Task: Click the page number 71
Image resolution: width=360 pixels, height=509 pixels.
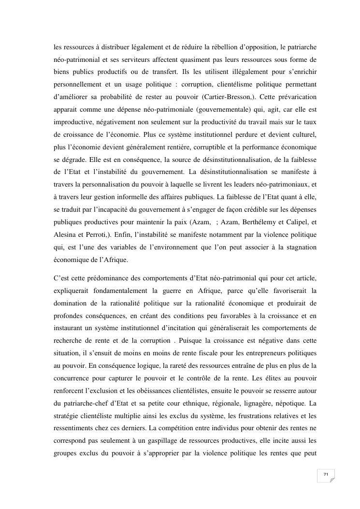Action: pos(326,475)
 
